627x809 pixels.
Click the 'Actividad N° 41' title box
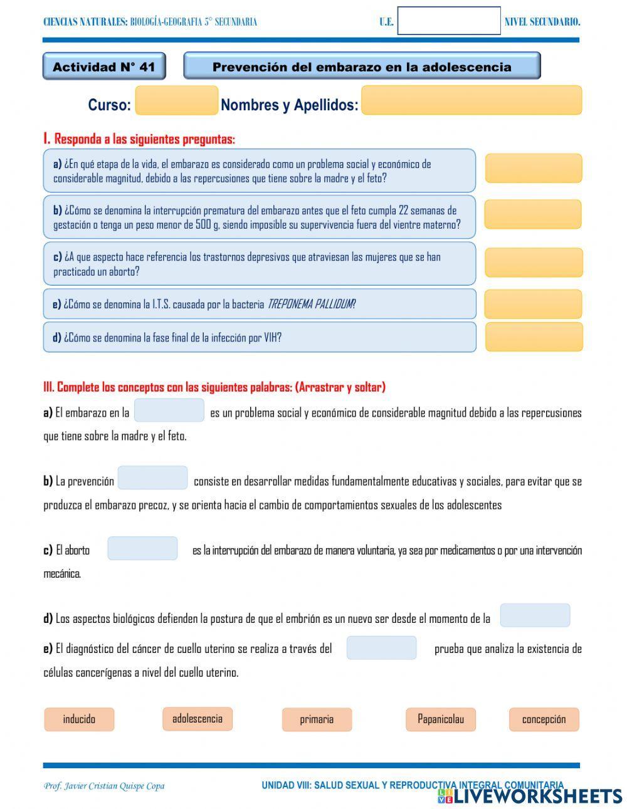(x=104, y=66)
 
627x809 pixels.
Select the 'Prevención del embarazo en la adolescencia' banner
(x=362, y=66)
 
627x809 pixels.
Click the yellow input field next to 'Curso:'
(x=176, y=102)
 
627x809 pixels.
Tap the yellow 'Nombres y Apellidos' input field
(x=471, y=101)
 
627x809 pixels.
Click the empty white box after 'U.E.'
(x=449, y=21)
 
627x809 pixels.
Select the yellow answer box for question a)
(x=533, y=169)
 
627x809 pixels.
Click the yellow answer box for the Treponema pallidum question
(x=533, y=304)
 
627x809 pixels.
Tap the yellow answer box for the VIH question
(x=533, y=337)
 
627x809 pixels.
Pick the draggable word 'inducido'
(x=79, y=719)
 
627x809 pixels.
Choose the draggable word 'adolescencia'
(x=197, y=718)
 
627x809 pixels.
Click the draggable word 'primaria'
(x=317, y=719)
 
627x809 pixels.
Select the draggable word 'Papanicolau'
(x=441, y=719)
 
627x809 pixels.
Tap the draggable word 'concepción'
(x=544, y=719)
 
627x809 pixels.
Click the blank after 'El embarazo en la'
(x=169, y=411)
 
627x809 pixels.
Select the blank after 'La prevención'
(x=153, y=478)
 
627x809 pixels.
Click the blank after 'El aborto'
(x=142, y=548)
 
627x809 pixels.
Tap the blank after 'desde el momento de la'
(x=535, y=615)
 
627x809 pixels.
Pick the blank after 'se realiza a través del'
(x=381, y=648)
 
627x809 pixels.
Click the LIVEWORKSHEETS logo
(x=530, y=796)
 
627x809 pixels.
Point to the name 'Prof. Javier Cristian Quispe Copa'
(x=104, y=786)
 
